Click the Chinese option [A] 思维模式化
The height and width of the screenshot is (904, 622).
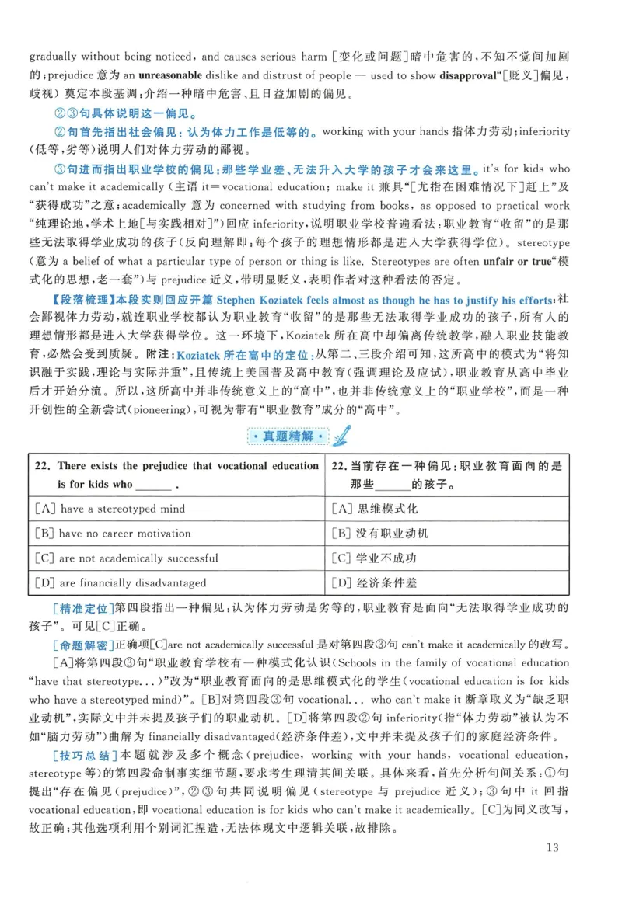375,509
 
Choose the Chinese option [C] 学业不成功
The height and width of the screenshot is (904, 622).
375,558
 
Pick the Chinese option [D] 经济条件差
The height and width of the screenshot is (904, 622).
375,582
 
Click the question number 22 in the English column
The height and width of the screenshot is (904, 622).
43,466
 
